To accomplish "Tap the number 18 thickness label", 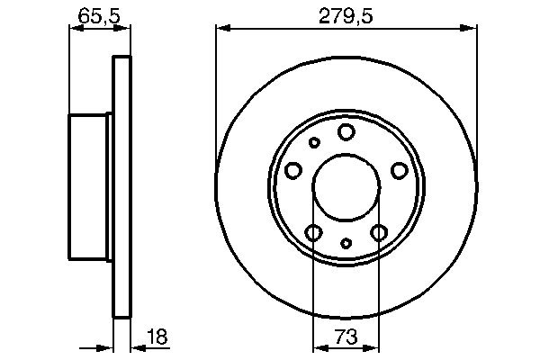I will click(x=158, y=337).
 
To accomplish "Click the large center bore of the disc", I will click(x=346, y=189).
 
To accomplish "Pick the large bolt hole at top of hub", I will click(x=346, y=133).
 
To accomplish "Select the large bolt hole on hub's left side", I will click(x=293, y=170).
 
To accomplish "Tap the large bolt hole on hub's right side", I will click(x=399, y=170).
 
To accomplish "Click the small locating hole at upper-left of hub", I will click(x=314, y=142).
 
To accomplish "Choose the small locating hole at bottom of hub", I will click(x=346, y=243).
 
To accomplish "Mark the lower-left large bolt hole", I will click(x=313, y=233).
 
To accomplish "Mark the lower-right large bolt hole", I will click(x=379, y=233).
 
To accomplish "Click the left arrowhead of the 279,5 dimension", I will click(x=221, y=28).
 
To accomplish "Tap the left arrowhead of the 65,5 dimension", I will click(x=76, y=28).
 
